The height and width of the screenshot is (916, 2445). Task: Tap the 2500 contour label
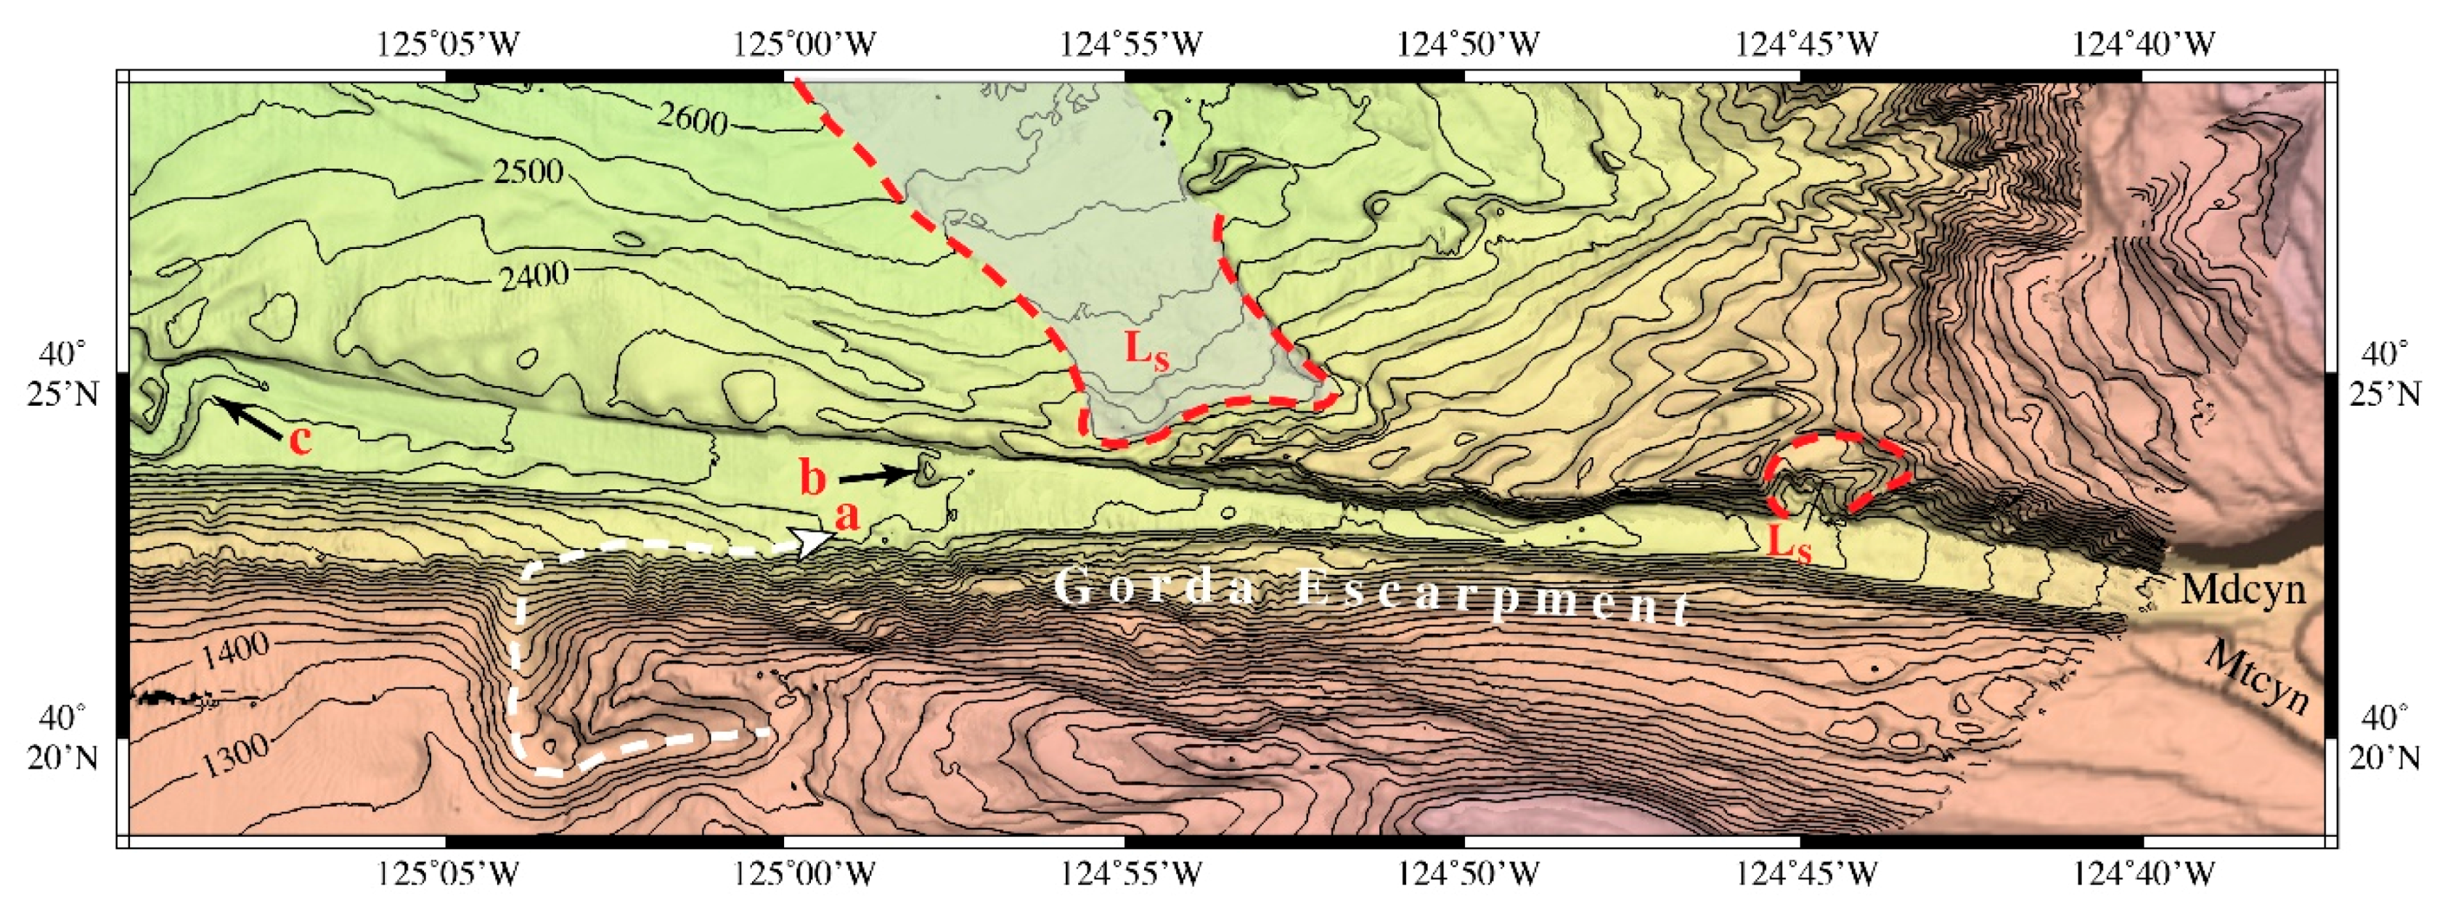pyautogui.click(x=528, y=172)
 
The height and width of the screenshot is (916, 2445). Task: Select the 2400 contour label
pyautogui.click(x=534, y=277)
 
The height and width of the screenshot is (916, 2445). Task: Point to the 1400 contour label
pyautogui.click(x=234, y=652)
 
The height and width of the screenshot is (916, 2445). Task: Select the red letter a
pyautogui.click(x=846, y=515)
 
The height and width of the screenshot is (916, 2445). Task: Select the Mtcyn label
pyautogui.click(x=2257, y=676)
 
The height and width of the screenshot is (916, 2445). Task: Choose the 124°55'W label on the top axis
pyautogui.click(x=1130, y=44)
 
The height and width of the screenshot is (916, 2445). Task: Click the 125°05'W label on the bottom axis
pyautogui.click(x=448, y=872)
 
